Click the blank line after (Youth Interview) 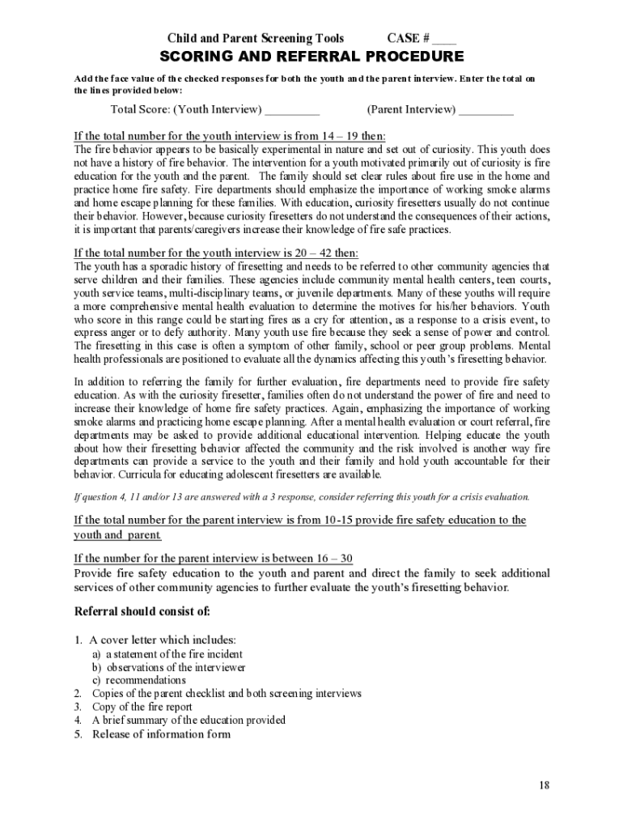292,110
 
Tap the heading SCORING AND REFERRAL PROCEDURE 311,57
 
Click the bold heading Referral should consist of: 142,611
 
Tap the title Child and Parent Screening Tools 256,39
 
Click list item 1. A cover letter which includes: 155,640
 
